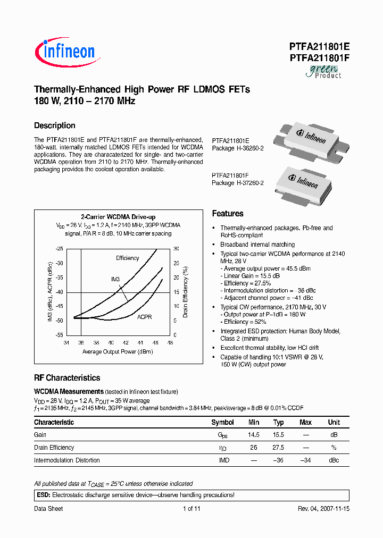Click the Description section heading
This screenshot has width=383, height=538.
[x=55, y=125]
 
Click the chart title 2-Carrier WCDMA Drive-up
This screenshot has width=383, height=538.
[x=118, y=217]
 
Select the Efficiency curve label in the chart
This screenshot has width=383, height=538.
[x=128, y=258]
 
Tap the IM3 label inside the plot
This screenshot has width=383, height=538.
[x=115, y=279]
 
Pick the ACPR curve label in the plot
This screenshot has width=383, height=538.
[x=144, y=317]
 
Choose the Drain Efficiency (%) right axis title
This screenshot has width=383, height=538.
[x=186, y=292]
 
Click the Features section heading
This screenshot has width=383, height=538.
[x=228, y=214]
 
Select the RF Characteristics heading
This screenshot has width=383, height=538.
[x=67, y=378]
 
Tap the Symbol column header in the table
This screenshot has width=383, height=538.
[x=222, y=422]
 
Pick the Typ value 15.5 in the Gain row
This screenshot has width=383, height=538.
[x=279, y=435]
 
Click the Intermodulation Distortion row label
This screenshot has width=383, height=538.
[x=67, y=460]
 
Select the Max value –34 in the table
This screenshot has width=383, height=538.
[x=305, y=460]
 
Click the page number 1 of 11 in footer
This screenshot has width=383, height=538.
[x=191, y=509]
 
